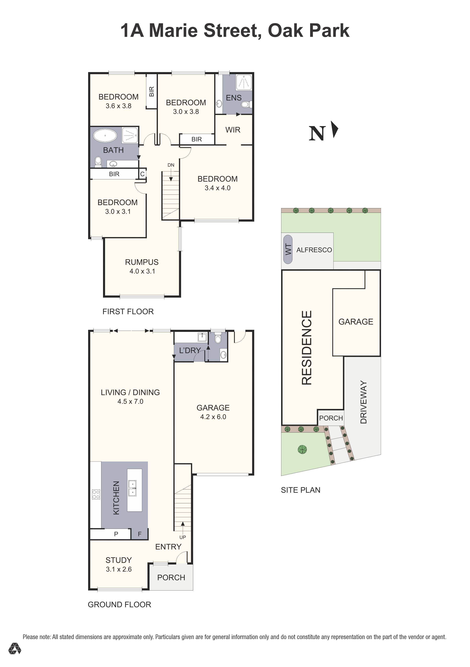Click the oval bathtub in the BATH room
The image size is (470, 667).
coord(105,136)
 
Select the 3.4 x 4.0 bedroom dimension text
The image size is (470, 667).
coord(217,188)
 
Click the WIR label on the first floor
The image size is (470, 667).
coord(233,130)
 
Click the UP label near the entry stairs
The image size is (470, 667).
coord(183,537)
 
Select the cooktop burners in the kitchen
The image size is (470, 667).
coord(96,494)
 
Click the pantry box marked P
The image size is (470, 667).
coord(116,534)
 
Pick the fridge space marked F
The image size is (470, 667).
coord(140,534)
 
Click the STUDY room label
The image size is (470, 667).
coord(119,560)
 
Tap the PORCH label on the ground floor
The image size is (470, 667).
coord(171,578)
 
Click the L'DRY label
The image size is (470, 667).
coord(190,351)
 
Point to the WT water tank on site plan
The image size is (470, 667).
coord(288,250)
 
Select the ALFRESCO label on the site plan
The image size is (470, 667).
coord(314,250)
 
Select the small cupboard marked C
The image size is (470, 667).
coord(142,174)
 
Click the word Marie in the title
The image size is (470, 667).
coord(174,31)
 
